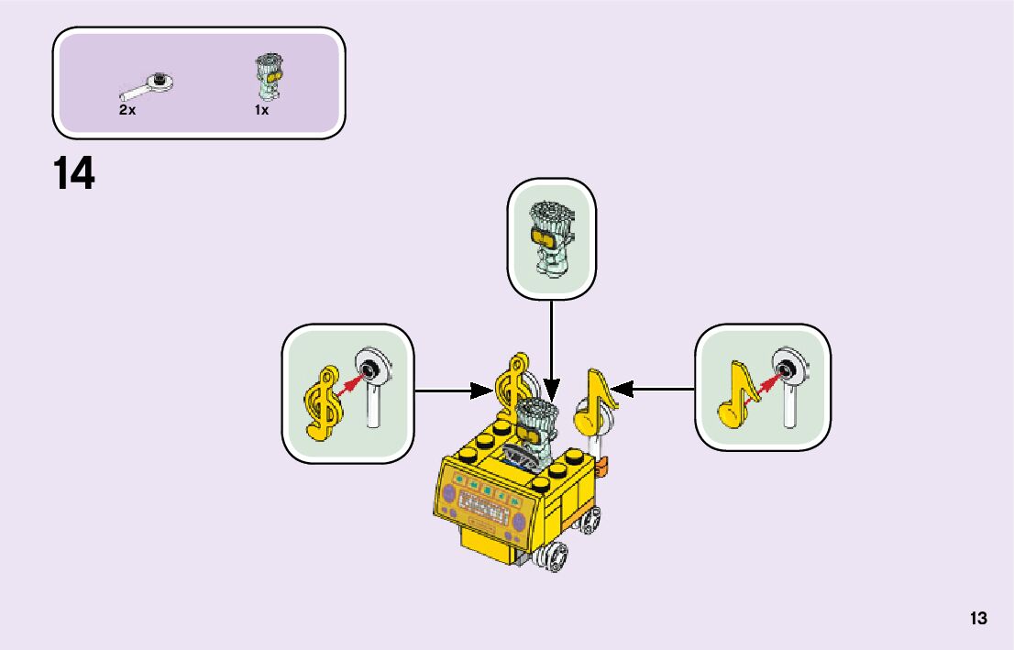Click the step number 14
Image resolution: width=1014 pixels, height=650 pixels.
(74, 174)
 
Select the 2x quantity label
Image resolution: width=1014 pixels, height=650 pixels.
(127, 110)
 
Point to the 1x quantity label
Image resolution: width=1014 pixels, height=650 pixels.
(261, 110)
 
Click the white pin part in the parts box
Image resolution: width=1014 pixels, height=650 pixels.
(149, 86)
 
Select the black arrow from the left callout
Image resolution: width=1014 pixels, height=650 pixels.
(454, 391)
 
